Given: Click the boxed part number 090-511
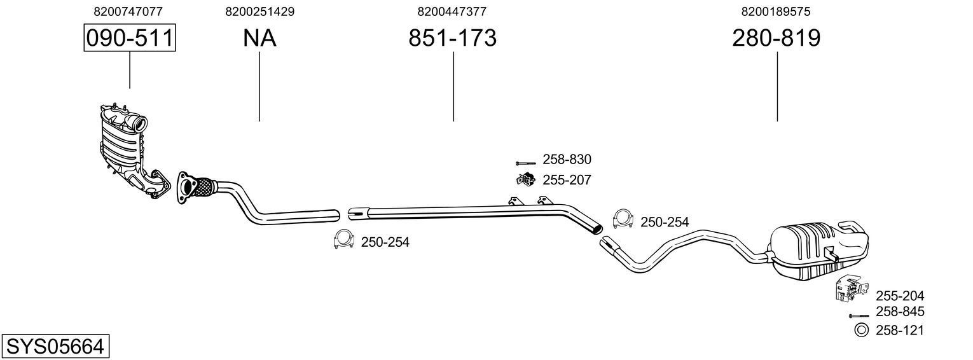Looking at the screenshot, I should [130, 38].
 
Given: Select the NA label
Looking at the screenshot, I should [259, 38].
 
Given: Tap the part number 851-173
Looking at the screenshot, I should [452, 38].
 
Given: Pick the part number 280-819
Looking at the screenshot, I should [776, 38].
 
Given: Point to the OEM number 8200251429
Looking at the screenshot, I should [259, 11].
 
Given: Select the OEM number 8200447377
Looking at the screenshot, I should [452, 11].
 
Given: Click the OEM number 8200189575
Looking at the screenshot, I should [776, 11].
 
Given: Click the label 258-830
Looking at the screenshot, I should [567, 160].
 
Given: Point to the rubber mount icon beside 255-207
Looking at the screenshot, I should [525, 179].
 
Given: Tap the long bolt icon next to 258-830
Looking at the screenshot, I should [525, 163].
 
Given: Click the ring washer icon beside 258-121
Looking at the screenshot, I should [861, 329].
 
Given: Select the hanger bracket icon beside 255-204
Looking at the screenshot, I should [849, 289].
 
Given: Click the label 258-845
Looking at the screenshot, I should [900, 312].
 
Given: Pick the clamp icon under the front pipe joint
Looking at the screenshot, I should [343, 239].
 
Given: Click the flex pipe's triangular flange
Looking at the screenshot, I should [184, 187].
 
